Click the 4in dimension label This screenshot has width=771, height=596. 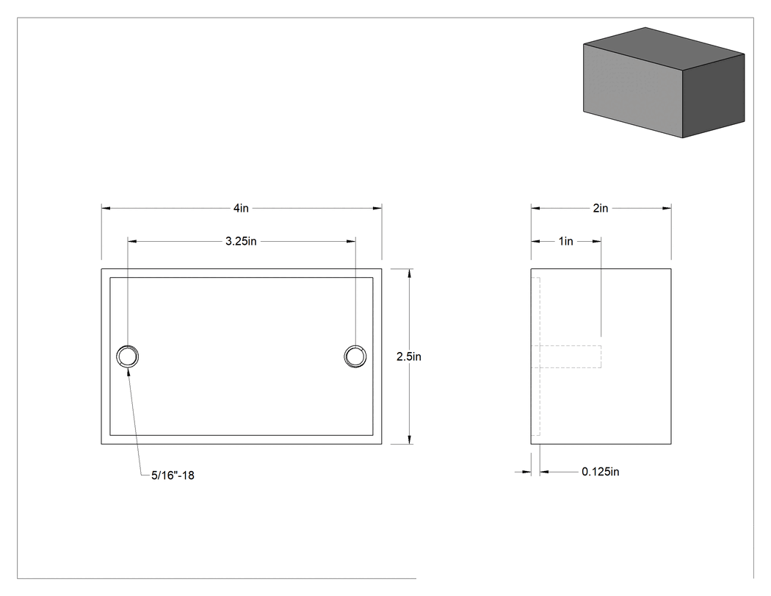click(241, 208)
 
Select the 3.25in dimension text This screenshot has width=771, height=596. click(241, 241)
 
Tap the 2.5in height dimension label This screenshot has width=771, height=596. click(409, 356)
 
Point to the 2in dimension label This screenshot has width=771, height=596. click(601, 208)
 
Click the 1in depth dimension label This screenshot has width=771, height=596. click(566, 241)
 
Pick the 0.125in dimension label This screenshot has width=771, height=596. click(601, 472)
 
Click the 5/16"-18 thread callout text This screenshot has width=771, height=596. click(173, 475)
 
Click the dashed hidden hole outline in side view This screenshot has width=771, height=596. click(601, 356)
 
